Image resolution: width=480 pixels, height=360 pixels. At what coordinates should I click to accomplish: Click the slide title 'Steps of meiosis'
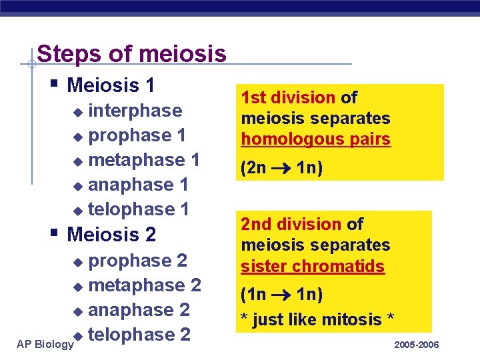point(132,53)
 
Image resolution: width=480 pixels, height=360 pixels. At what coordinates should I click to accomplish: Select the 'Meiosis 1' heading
point(111,85)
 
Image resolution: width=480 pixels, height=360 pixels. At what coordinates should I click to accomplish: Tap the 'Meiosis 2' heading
point(111,235)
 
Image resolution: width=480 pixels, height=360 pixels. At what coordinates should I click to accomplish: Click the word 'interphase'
point(135,110)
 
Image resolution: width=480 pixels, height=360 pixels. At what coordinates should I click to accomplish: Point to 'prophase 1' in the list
point(137,135)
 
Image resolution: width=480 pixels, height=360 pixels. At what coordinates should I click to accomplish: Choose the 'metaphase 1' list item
point(144,160)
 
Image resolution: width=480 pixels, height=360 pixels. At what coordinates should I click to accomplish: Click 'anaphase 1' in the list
point(138,185)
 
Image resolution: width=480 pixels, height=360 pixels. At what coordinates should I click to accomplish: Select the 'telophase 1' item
point(139,209)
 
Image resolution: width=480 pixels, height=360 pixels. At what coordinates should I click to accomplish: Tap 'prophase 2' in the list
point(137,260)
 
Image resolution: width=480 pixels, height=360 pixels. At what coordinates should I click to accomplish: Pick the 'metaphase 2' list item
point(145,285)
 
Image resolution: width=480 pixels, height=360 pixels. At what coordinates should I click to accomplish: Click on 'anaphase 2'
point(139,310)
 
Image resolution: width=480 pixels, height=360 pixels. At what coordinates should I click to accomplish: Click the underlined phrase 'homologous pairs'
point(315,139)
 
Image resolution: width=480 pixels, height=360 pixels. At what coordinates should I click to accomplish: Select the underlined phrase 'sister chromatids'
point(313,266)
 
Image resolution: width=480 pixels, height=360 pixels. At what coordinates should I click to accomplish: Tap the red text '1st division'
point(288,98)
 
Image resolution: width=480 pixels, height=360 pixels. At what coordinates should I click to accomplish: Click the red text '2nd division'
point(291,225)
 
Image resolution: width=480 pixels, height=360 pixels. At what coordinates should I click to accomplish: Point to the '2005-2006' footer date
point(417,344)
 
